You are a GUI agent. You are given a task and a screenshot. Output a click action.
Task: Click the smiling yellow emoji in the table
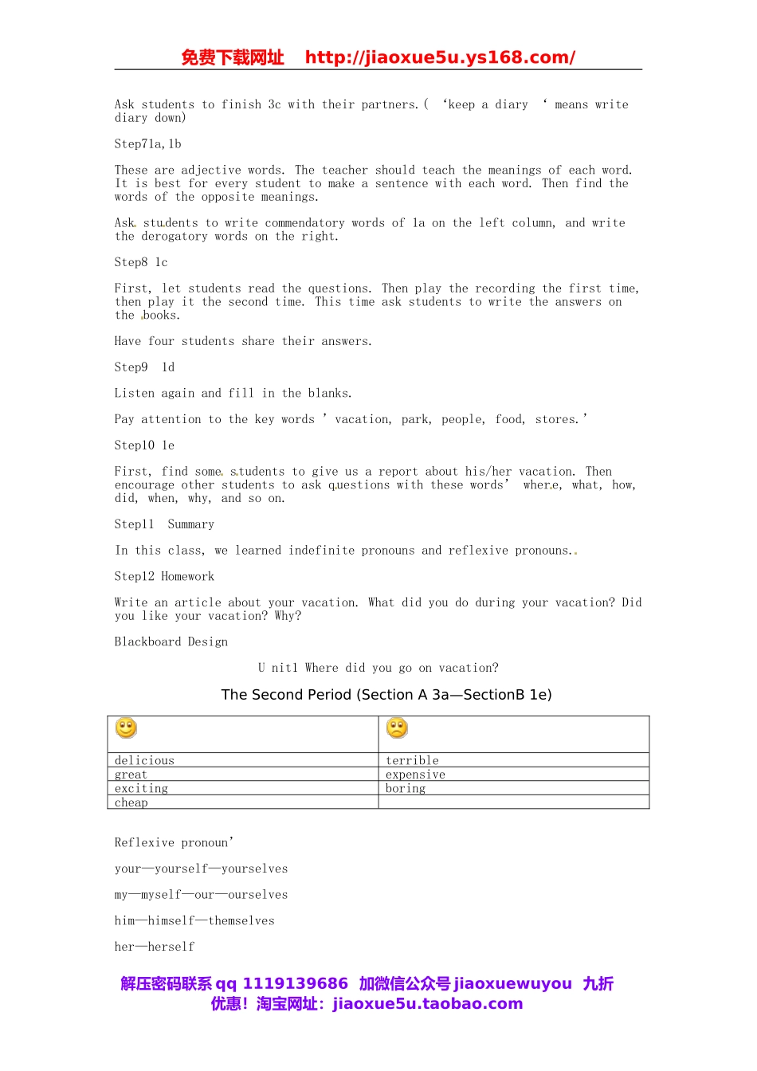point(127,728)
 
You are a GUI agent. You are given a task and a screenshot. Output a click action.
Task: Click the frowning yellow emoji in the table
point(397,728)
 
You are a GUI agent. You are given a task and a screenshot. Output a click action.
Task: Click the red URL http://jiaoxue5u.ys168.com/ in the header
point(440,57)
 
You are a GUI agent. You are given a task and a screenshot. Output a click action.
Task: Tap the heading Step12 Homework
point(164,576)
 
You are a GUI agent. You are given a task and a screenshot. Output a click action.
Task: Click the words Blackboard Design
point(171,641)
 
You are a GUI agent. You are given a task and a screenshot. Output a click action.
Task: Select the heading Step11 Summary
point(164,524)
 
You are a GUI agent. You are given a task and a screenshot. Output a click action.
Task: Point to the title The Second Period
point(386,694)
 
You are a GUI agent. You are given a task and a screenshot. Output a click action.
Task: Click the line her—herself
point(155,947)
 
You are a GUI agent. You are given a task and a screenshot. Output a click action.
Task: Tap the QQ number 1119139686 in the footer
point(295,983)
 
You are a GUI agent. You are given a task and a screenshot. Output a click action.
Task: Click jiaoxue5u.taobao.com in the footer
point(428,1004)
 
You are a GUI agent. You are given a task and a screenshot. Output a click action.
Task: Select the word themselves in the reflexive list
point(241,920)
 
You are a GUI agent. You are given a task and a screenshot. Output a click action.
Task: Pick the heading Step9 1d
point(144,367)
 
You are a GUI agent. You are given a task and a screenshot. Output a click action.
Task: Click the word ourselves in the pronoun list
point(257,895)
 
